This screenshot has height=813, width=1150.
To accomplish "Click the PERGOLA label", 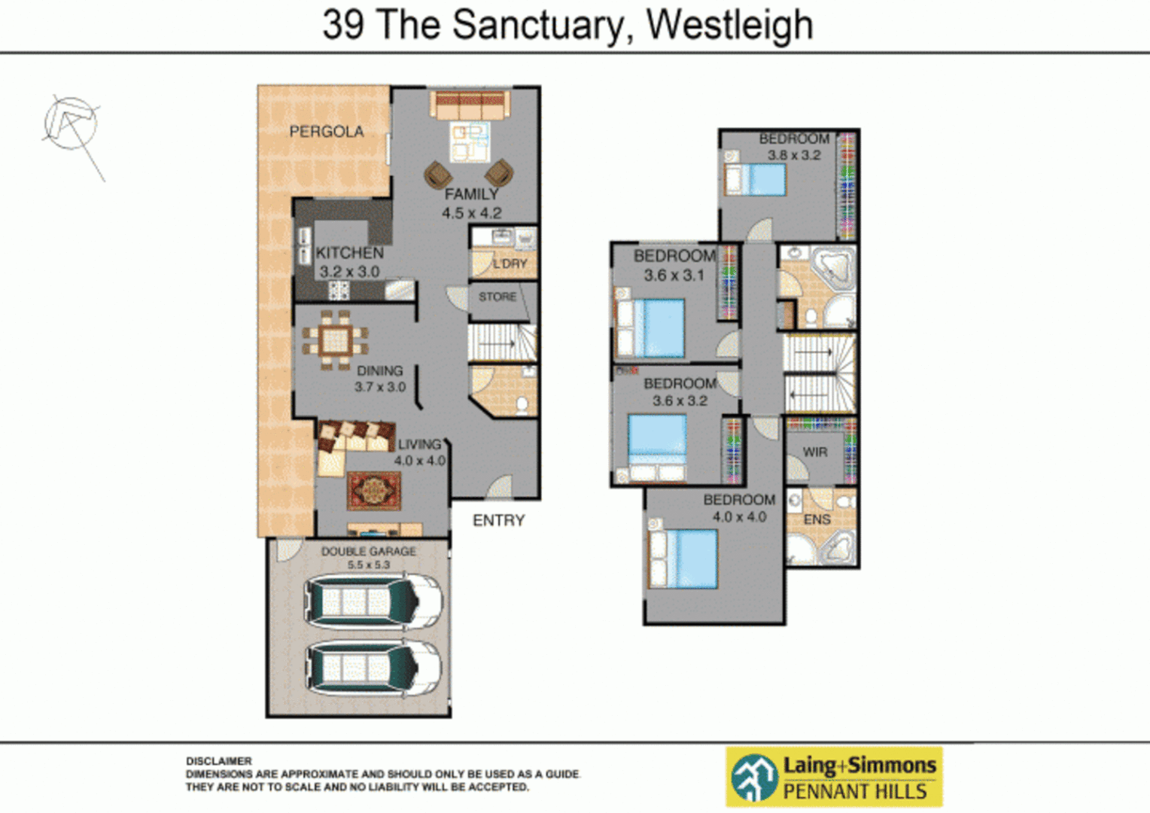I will tap(327, 132).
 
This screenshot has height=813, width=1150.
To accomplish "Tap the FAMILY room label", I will tap(471, 194).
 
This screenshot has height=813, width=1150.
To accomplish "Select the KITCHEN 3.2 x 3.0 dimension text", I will tap(349, 272).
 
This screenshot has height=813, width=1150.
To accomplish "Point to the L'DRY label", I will tap(510, 263).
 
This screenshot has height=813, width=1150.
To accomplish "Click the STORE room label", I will tap(497, 297).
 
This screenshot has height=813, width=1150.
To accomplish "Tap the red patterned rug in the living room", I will tap(374, 492).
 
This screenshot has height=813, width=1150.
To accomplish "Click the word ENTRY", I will tap(498, 520).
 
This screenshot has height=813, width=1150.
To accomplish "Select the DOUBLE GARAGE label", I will tap(368, 551).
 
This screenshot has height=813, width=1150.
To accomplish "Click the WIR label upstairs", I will tap(815, 452).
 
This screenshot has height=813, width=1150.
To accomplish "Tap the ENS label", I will tap(817, 519).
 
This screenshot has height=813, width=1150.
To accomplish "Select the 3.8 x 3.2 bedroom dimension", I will tap(794, 156).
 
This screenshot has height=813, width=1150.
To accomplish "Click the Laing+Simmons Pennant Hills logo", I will tap(834, 777).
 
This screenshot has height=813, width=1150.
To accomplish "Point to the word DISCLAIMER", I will tap(219, 761).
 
